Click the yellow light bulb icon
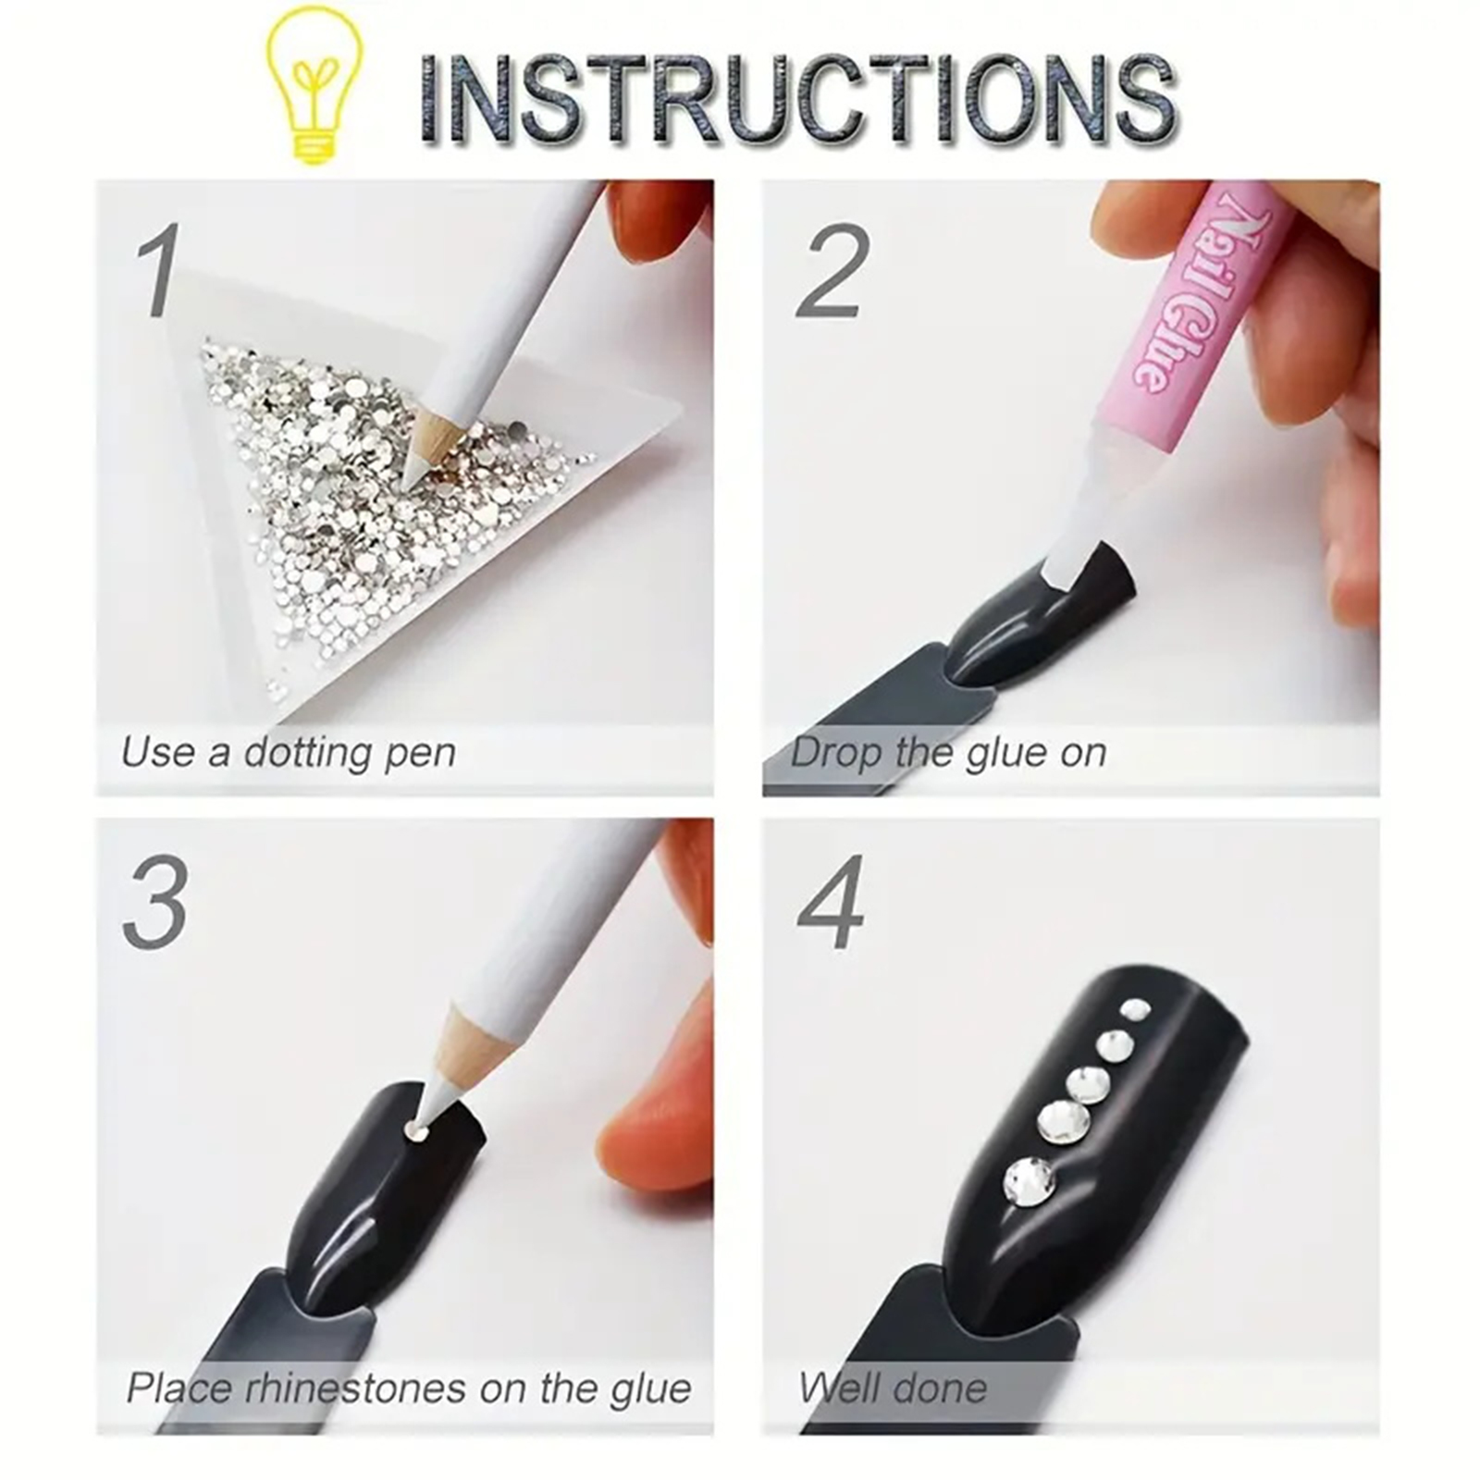click(314, 85)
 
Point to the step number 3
click(155, 903)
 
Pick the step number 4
click(830, 903)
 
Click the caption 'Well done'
click(893, 1388)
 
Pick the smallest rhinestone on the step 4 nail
click(1134, 1009)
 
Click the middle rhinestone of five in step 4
click(1086, 1085)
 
